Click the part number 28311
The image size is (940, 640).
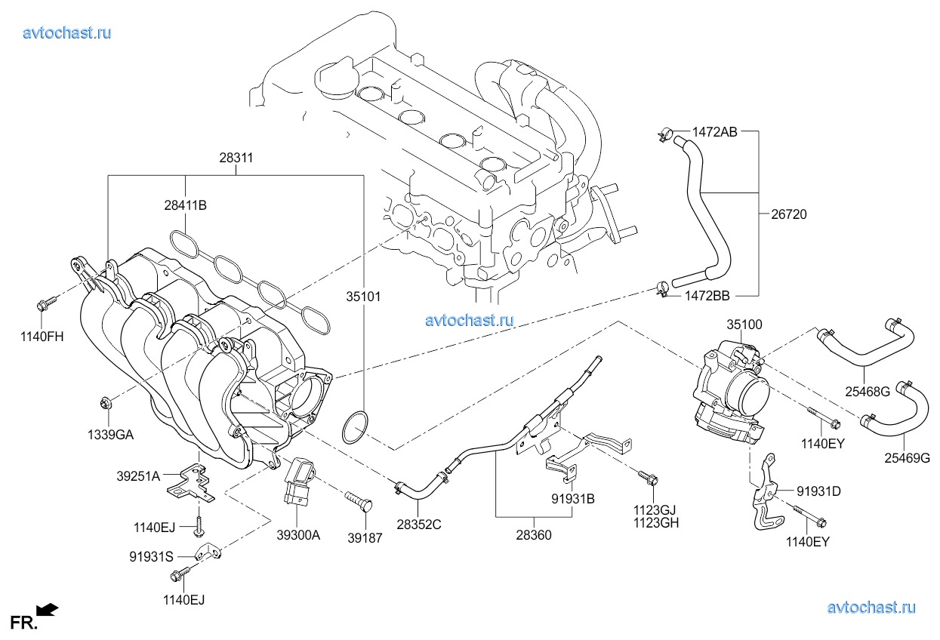[236, 159]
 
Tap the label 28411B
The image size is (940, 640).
[186, 205]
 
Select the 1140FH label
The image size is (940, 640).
[42, 337]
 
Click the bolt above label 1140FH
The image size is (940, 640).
[43, 305]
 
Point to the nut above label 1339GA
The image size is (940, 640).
[105, 402]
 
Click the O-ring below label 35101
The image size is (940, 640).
[355, 428]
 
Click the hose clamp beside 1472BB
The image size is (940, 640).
[662, 288]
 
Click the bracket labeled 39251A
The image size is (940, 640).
[190, 484]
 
